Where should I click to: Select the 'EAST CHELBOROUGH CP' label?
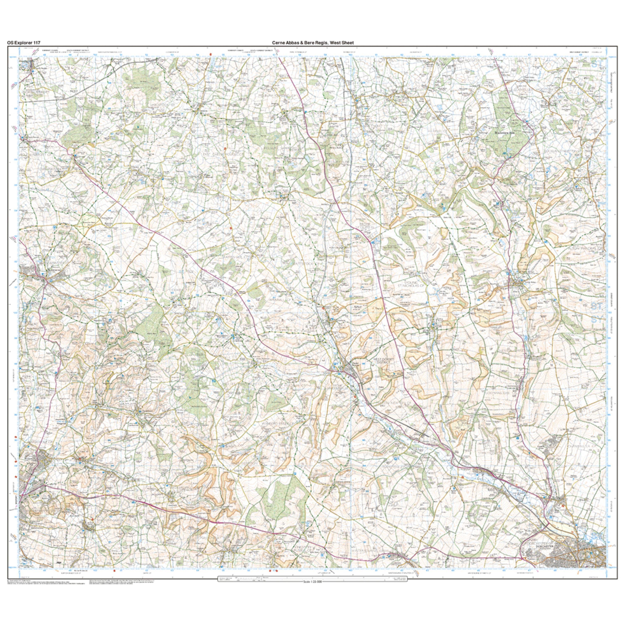tap(223, 154)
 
